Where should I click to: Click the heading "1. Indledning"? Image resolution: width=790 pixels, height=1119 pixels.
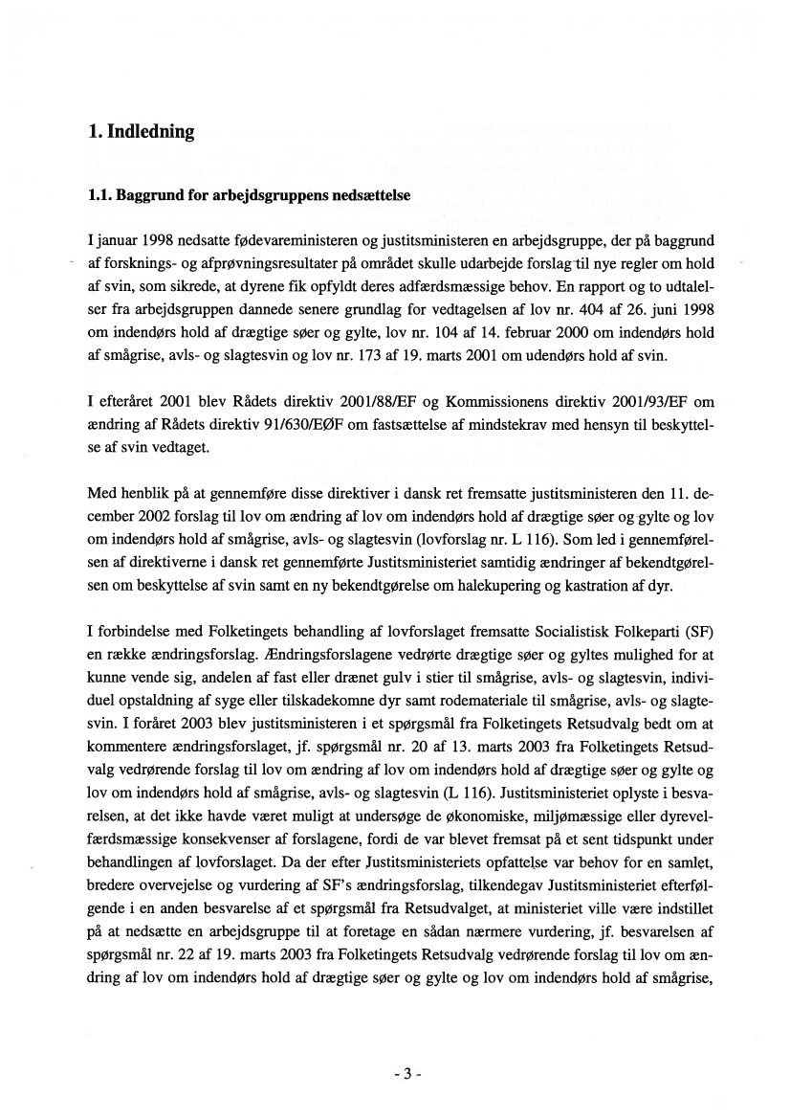(x=140, y=132)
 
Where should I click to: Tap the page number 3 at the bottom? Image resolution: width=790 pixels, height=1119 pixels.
(x=406, y=1073)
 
